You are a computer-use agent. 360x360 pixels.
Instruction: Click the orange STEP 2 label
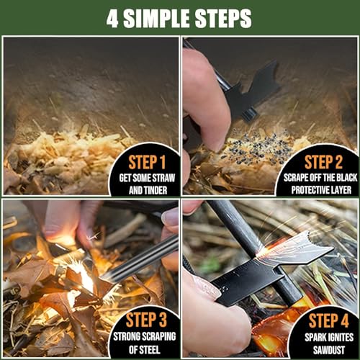[327, 161]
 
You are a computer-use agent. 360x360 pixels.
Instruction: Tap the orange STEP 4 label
[328, 319]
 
